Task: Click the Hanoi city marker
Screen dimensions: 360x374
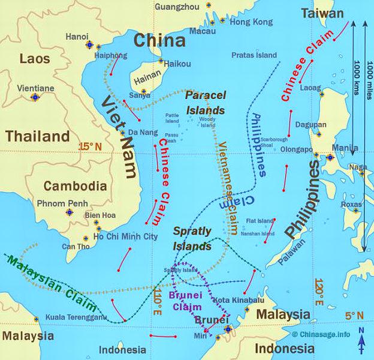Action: tap(90, 45)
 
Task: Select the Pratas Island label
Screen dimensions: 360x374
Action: tap(254, 55)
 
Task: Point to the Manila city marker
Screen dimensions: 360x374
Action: tap(329, 158)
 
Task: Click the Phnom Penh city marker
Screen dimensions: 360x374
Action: tap(70, 212)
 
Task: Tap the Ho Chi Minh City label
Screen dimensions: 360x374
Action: tap(125, 236)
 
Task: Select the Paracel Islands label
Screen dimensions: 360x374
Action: tap(205, 103)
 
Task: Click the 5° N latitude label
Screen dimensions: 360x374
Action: tap(353, 314)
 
